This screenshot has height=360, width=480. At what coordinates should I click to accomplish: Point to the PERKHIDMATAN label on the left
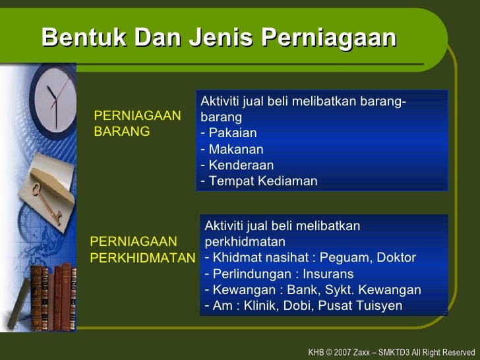[x=142, y=257]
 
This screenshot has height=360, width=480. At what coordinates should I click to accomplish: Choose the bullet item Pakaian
[x=231, y=133]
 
